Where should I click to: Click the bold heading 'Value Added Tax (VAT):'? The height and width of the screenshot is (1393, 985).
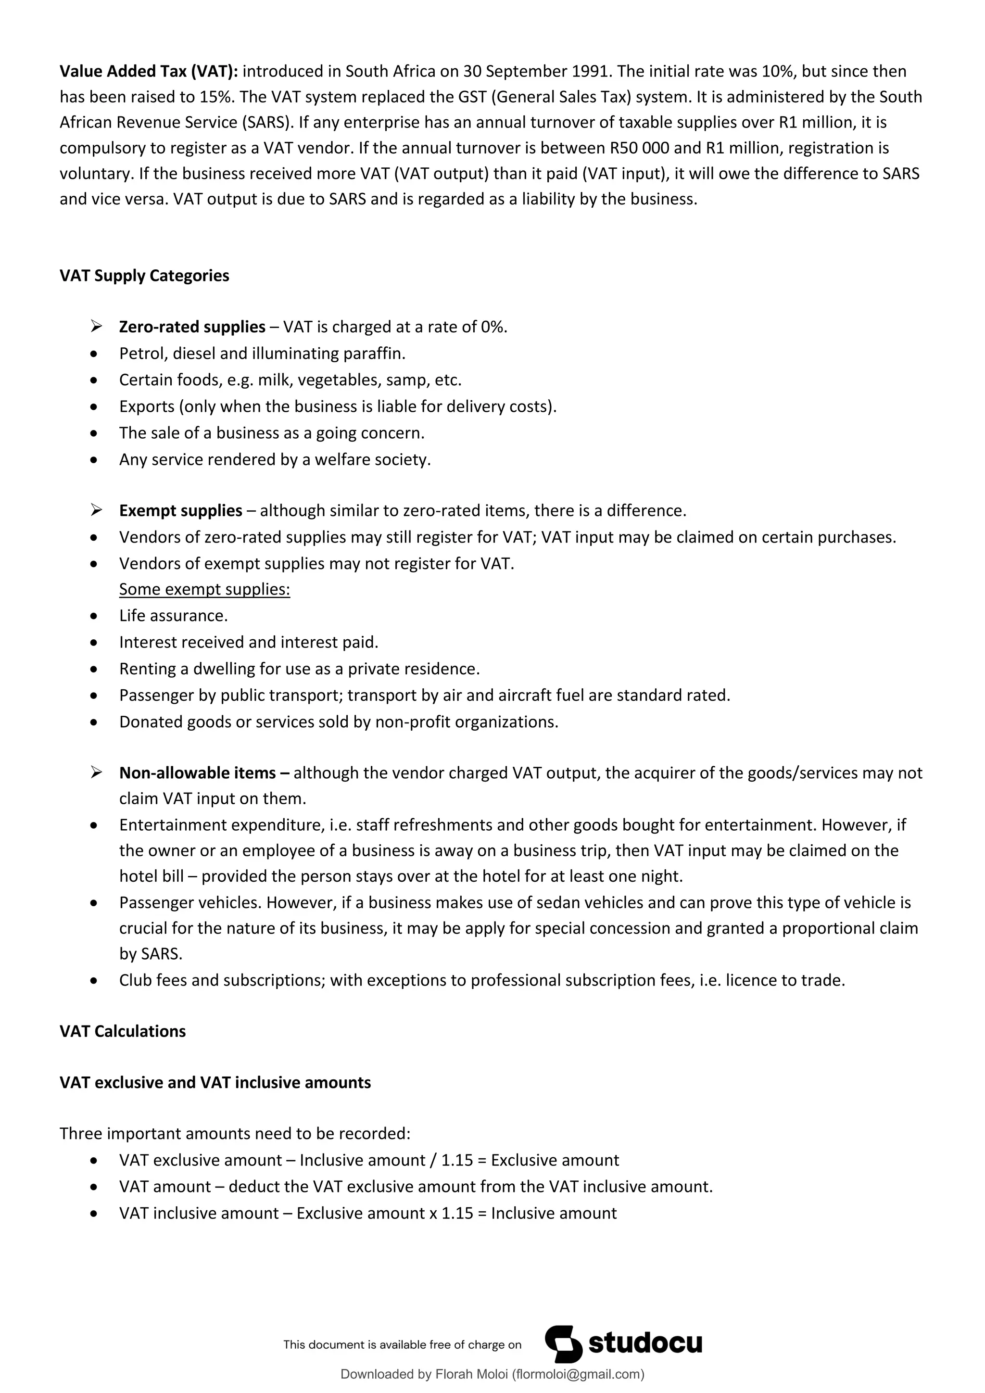pyautogui.click(x=149, y=72)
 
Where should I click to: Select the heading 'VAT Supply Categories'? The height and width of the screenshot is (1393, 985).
pyautogui.click(x=144, y=276)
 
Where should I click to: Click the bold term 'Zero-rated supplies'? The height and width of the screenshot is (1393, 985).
pyautogui.click(x=192, y=327)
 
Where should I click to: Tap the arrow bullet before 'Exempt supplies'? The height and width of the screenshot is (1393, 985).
pyautogui.click(x=96, y=510)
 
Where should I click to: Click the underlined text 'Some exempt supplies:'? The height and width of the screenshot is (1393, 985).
pyautogui.click(x=204, y=589)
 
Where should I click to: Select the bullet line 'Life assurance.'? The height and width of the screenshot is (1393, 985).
pyautogui.click(x=173, y=616)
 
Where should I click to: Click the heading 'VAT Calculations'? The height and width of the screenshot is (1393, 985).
pyautogui.click(x=123, y=1031)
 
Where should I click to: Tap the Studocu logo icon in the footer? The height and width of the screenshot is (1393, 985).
pyautogui.click(x=563, y=1344)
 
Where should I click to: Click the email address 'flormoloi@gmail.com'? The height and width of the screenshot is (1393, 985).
pyautogui.click(x=578, y=1374)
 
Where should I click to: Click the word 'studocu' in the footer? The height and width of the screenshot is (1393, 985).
pyautogui.click(x=645, y=1344)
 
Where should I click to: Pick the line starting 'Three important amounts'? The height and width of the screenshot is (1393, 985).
pyautogui.click(x=235, y=1134)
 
